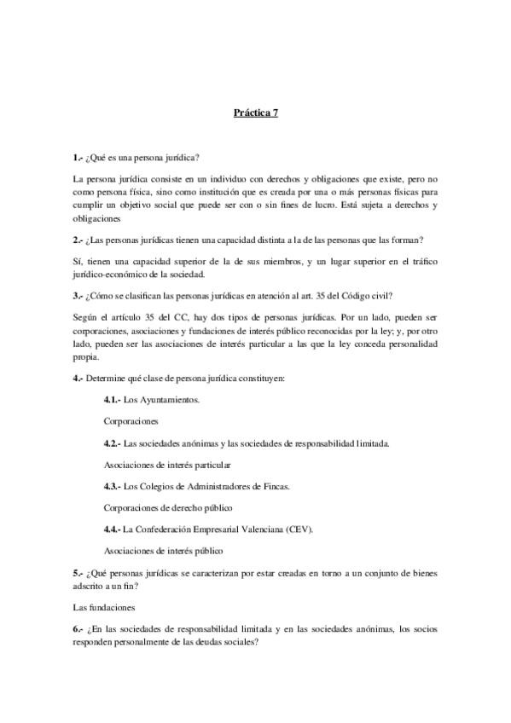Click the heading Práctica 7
click(256, 112)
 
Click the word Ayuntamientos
click(176, 399)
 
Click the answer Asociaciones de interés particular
click(166, 465)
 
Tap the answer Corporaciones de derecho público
click(166, 507)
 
